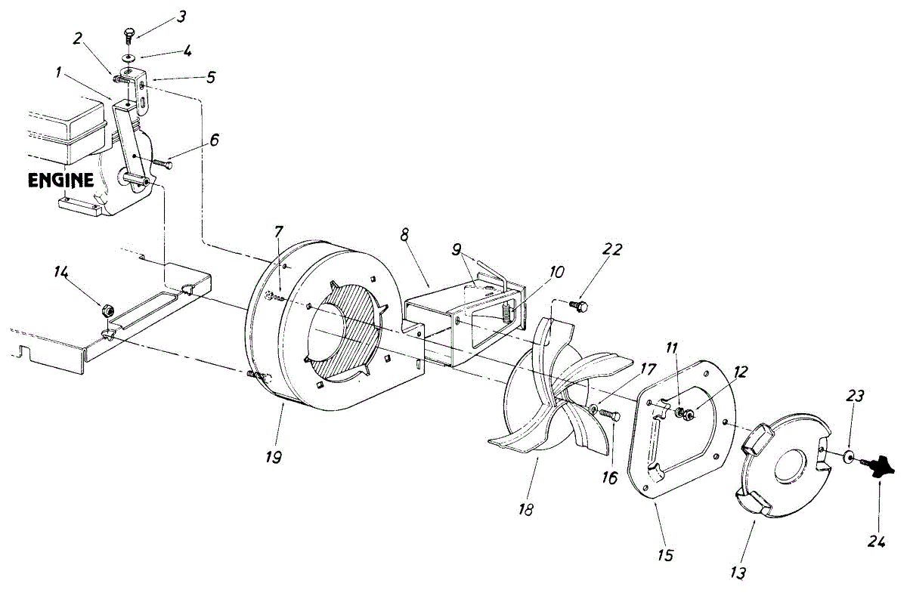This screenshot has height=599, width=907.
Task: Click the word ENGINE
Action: (61, 181)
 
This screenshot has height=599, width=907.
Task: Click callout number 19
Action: (274, 458)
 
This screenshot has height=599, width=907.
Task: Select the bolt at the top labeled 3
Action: (128, 33)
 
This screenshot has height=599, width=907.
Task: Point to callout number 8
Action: (405, 235)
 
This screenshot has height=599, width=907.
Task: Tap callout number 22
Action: (611, 250)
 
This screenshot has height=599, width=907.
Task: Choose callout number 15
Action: (665, 555)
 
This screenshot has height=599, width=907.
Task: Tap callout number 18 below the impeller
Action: (526, 508)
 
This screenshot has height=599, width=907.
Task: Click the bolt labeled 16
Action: (612, 416)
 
